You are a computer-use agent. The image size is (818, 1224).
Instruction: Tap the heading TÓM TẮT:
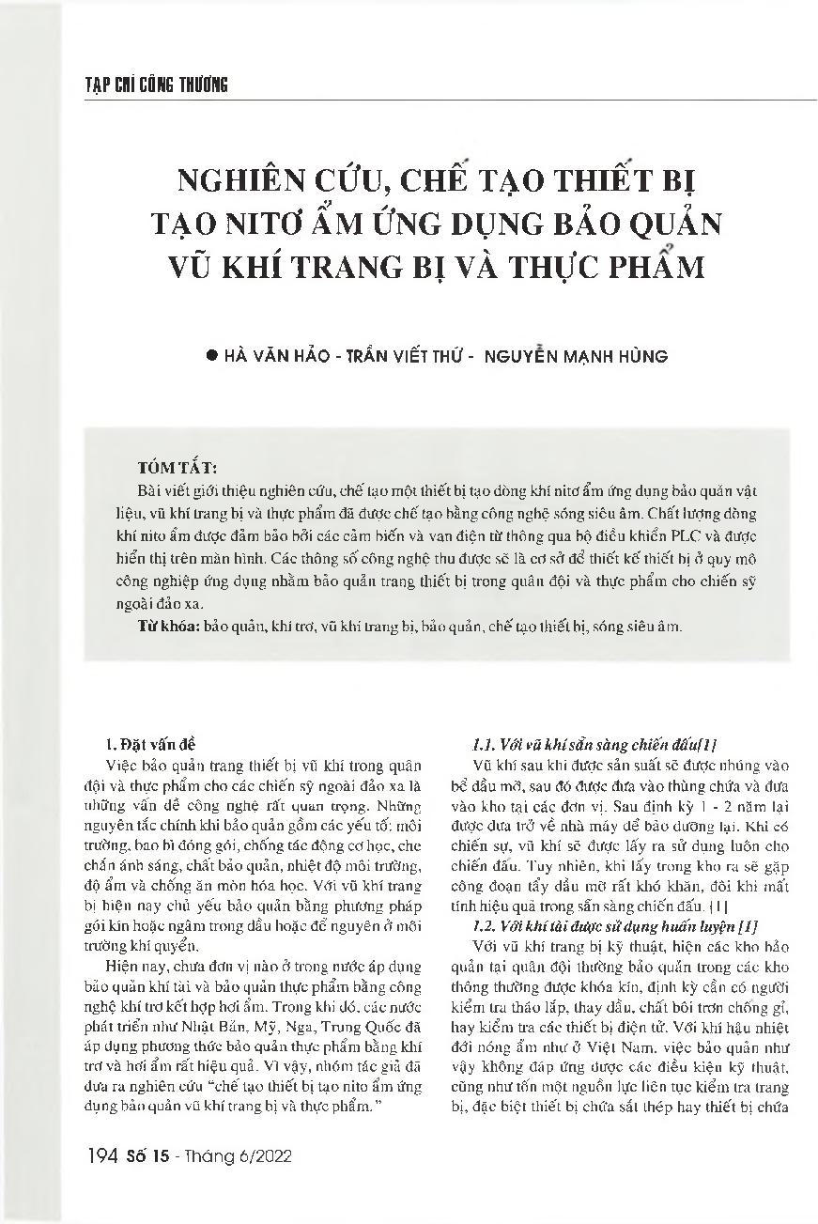[x=177, y=467]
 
